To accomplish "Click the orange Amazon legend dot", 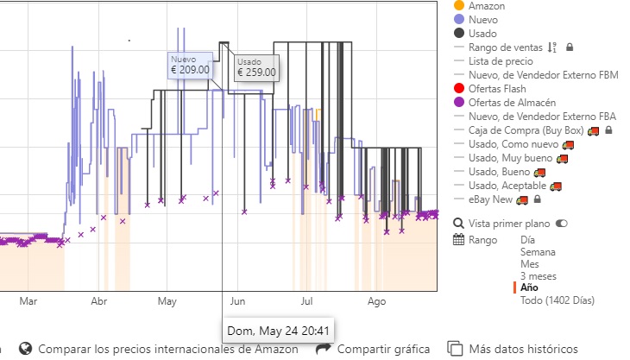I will click(x=458, y=6).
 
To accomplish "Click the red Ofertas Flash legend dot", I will click(x=458, y=88).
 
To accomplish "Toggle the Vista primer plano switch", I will click(x=562, y=224).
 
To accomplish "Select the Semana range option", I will click(x=539, y=252).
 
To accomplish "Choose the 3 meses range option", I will click(x=539, y=276).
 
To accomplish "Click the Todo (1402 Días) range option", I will click(x=558, y=300).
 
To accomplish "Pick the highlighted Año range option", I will click(x=531, y=288).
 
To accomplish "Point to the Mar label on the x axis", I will click(x=28, y=302).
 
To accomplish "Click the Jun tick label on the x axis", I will click(x=238, y=302).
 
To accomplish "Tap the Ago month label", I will click(x=376, y=302).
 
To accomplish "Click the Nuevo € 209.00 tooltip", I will click(x=190, y=65).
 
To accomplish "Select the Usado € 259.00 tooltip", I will click(x=256, y=67).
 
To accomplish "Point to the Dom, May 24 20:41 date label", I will click(x=278, y=331).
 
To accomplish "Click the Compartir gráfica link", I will click(x=383, y=350).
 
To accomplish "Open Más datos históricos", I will click(x=523, y=350).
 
